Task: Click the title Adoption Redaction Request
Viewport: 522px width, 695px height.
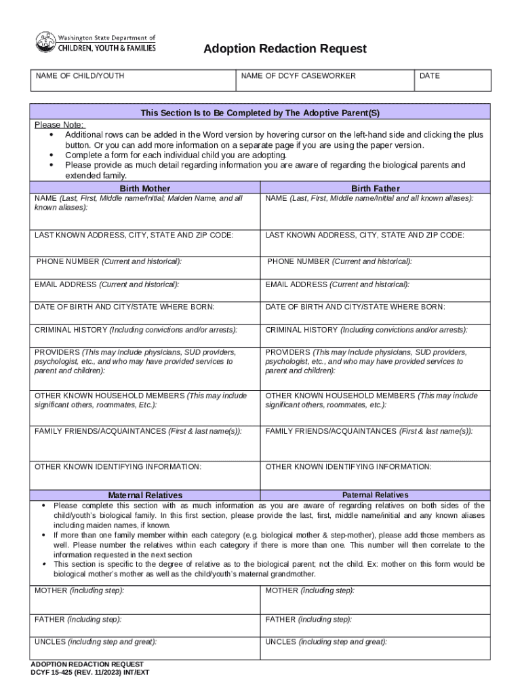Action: tap(285, 48)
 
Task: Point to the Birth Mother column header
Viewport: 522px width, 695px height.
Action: tap(145, 188)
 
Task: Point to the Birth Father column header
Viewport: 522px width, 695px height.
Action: tap(375, 188)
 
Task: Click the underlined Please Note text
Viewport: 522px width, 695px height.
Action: tap(60, 125)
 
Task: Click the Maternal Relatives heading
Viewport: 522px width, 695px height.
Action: tap(145, 495)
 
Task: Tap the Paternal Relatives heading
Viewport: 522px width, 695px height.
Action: tap(375, 495)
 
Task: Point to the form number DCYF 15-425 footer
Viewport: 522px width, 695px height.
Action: tap(89, 673)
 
